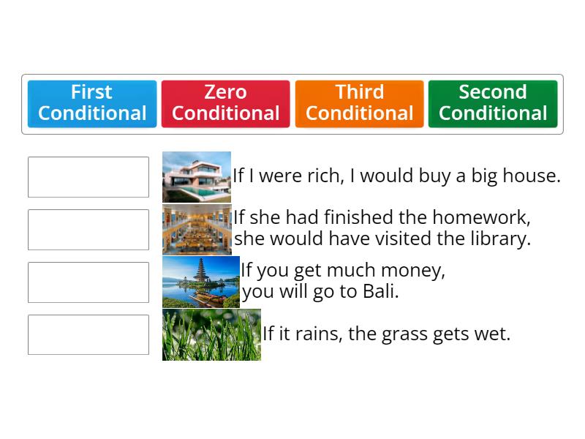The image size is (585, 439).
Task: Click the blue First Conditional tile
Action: click(92, 103)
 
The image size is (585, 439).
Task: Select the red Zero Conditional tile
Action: click(225, 103)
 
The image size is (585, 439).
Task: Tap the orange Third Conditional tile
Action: click(359, 103)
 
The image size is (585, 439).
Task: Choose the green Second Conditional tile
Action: click(493, 103)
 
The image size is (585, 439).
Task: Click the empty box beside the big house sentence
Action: click(88, 177)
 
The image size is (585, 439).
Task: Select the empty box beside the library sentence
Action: click(88, 230)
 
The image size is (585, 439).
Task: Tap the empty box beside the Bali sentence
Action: click(88, 282)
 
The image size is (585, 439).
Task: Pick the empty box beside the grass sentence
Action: click(88, 335)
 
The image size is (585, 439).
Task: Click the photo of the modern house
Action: click(197, 177)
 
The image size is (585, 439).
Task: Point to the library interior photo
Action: click(197, 230)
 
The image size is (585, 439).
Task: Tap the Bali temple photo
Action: click(201, 282)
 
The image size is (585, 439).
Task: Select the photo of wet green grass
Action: click(211, 335)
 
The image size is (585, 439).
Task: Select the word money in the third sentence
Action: click(415, 271)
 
